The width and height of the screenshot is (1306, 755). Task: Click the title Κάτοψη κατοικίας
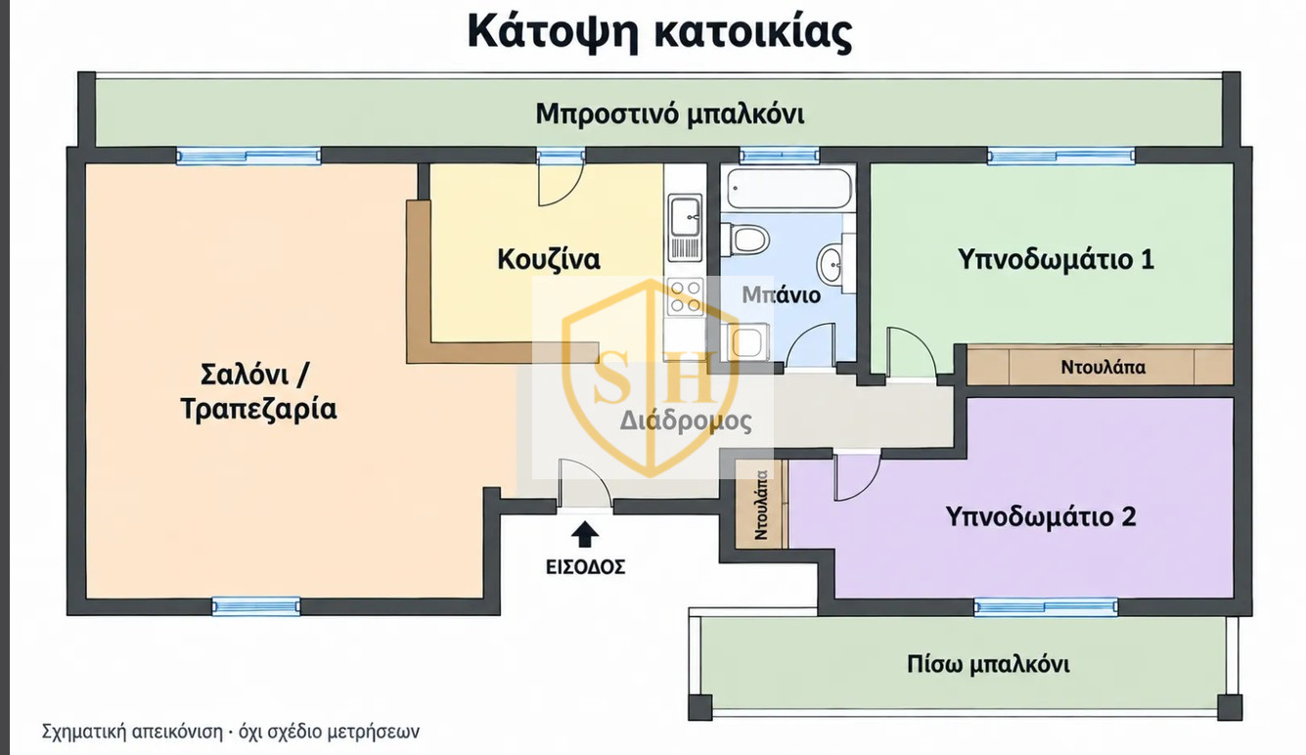click(659, 32)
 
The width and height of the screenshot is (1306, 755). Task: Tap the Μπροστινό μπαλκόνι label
click(669, 114)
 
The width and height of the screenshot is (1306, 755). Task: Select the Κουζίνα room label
click(549, 259)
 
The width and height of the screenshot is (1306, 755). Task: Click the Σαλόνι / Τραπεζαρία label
click(258, 392)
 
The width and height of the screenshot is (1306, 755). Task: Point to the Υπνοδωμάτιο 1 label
click(1056, 259)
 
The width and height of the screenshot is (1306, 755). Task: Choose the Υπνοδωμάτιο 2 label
click(1041, 516)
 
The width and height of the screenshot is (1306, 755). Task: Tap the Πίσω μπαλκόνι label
click(988, 665)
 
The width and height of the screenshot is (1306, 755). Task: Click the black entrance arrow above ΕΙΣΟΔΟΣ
click(585, 534)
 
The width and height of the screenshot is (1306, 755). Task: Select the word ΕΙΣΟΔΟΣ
click(585, 566)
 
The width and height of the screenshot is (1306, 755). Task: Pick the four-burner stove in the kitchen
click(686, 296)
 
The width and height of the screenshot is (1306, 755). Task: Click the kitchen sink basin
click(685, 216)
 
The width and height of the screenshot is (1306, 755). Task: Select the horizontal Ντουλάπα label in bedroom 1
click(1103, 368)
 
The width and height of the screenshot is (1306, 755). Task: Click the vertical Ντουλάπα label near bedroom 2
click(761, 505)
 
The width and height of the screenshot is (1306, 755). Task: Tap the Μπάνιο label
click(782, 295)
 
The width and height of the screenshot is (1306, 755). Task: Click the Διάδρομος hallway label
click(686, 421)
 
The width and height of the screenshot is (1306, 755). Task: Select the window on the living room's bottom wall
click(256, 606)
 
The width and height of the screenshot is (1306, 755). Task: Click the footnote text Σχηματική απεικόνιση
click(132, 732)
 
